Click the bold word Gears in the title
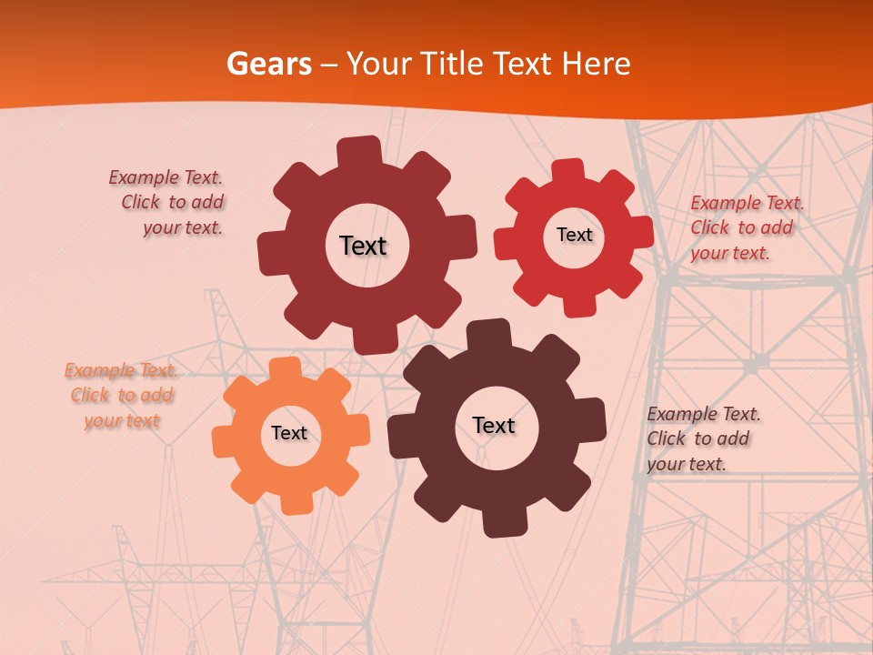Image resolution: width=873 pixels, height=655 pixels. tap(268, 64)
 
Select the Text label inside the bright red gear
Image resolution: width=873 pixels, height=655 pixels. tap(574, 235)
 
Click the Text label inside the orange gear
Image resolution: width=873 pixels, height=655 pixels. tap(289, 433)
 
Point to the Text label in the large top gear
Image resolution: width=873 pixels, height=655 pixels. tap(363, 246)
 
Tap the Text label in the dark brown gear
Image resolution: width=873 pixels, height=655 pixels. tap(494, 425)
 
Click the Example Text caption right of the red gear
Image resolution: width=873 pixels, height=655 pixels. tap(746, 227)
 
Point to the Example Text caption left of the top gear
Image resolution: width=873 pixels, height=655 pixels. tap(169, 202)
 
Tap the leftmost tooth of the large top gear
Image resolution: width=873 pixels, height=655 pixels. tap(270, 250)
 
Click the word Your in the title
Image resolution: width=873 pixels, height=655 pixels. tap(377, 64)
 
